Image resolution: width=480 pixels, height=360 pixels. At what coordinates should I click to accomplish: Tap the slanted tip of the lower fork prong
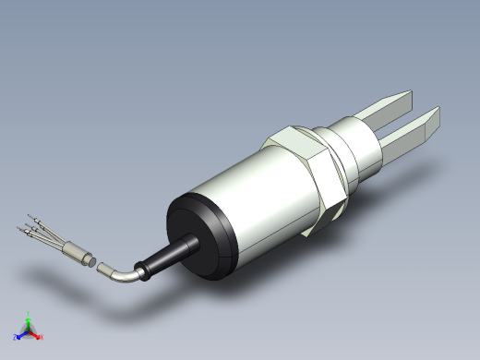click(431, 121)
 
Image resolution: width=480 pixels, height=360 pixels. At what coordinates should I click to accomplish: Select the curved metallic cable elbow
click(124, 273)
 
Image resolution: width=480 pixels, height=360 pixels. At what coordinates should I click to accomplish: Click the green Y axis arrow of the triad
click(29, 317)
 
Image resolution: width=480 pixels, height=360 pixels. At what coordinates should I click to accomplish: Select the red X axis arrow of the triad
click(39, 337)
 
